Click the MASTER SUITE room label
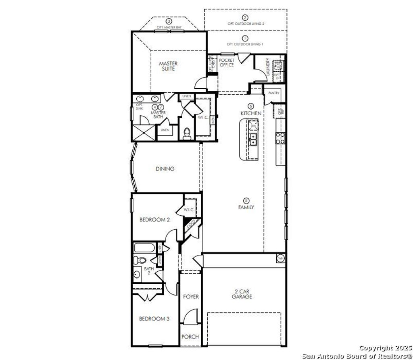pos(168,66)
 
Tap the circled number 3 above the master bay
pos(169,21)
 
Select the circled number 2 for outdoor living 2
pos(245,17)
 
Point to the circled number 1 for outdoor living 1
pos(245,38)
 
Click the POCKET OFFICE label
pos(227,62)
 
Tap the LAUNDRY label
pos(267,67)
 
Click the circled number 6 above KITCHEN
pos(251,106)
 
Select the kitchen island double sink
pos(253,139)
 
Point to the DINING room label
pos(165,169)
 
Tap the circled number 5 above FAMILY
pos(246,200)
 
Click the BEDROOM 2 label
pos(154,220)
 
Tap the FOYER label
pos(191,297)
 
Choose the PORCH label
pos(190,337)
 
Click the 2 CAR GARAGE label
pos(242,294)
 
